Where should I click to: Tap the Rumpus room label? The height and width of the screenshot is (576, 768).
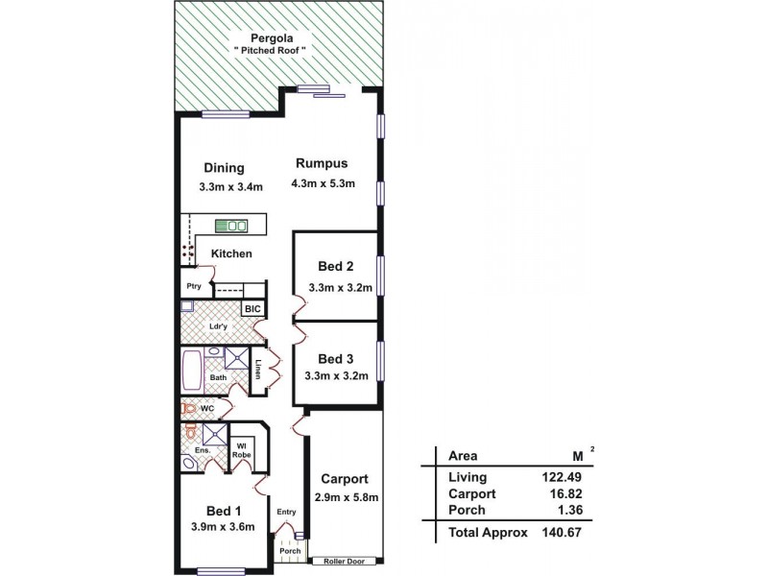(321, 162)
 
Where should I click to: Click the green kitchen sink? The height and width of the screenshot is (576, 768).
(231, 227)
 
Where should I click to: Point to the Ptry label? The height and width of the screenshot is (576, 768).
(193, 286)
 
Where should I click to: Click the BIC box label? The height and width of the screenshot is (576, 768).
(252, 308)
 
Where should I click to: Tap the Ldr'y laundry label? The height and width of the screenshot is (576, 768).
(218, 327)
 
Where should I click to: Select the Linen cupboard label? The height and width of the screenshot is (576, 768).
(258, 370)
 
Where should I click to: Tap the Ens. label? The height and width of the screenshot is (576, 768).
(203, 449)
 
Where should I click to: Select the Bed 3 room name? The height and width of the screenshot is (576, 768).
(335, 359)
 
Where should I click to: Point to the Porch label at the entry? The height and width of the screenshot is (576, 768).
(290, 552)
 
